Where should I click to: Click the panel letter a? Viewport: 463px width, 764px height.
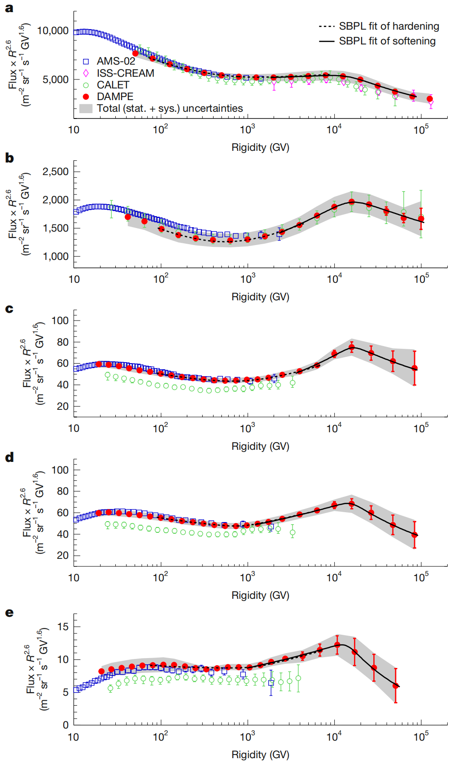[x=9, y=8]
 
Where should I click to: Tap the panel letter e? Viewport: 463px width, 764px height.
[x=9, y=613]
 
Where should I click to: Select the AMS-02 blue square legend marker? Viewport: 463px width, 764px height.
[x=86, y=61]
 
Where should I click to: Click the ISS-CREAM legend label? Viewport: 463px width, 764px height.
[x=126, y=73]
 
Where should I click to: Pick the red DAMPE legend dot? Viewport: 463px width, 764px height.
[x=86, y=97]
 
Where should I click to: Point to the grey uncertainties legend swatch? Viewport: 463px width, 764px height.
[x=86, y=108]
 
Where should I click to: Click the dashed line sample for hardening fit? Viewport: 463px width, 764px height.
[x=327, y=26]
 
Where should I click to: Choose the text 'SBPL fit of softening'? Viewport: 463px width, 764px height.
[x=387, y=41]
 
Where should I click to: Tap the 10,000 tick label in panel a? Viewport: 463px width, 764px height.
[x=53, y=31]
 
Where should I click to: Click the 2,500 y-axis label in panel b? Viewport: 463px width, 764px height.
[x=56, y=171]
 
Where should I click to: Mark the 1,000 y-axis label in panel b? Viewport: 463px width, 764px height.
[x=56, y=256]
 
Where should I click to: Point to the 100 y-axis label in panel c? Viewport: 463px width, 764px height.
[x=60, y=321]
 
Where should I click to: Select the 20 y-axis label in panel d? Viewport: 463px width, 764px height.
[x=63, y=555]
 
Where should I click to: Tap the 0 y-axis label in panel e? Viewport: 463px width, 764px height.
[x=66, y=724]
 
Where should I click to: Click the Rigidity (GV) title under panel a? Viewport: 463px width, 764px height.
[x=260, y=147]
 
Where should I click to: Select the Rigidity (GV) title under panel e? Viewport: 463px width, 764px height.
[x=260, y=755]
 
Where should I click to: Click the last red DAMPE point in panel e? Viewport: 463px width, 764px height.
[x=396, y=686]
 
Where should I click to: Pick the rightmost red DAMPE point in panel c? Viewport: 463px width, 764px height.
[x=415, y=368]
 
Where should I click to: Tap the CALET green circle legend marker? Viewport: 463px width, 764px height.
[x=86, y=85]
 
